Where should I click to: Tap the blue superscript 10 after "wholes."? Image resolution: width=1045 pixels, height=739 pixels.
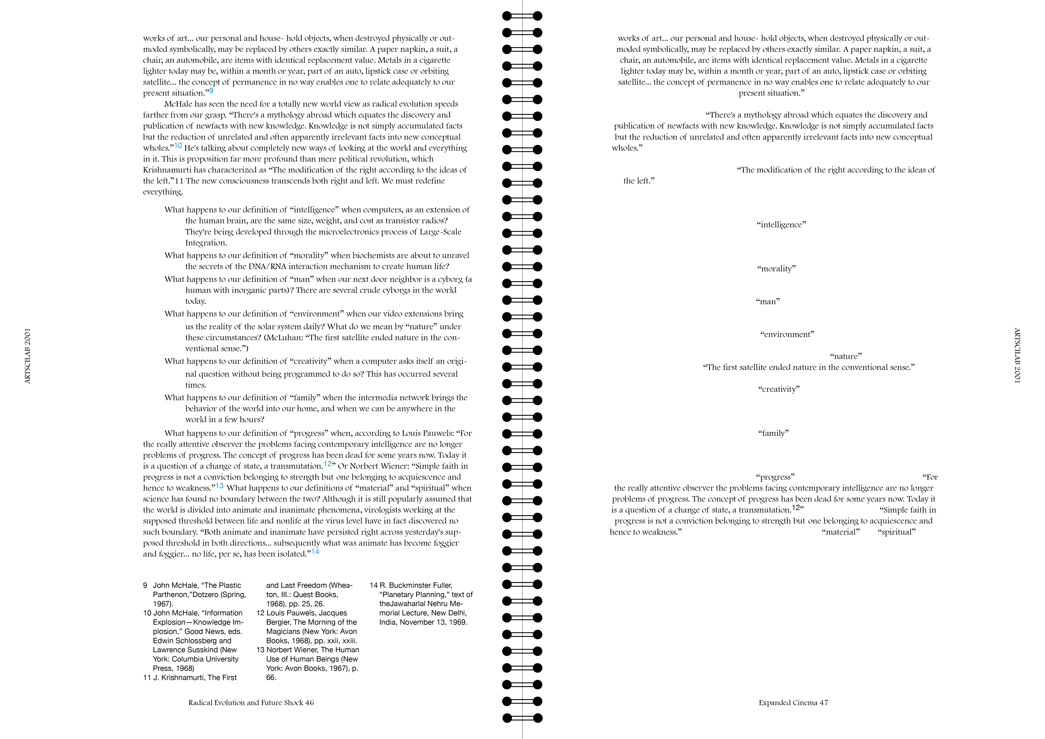178,146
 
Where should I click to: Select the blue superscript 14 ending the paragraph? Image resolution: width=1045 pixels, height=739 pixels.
315,552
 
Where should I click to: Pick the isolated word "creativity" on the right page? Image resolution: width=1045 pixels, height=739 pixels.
779,389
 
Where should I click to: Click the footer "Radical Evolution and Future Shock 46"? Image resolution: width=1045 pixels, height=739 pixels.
251,703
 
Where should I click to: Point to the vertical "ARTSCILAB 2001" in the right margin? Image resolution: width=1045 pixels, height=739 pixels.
1017,356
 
